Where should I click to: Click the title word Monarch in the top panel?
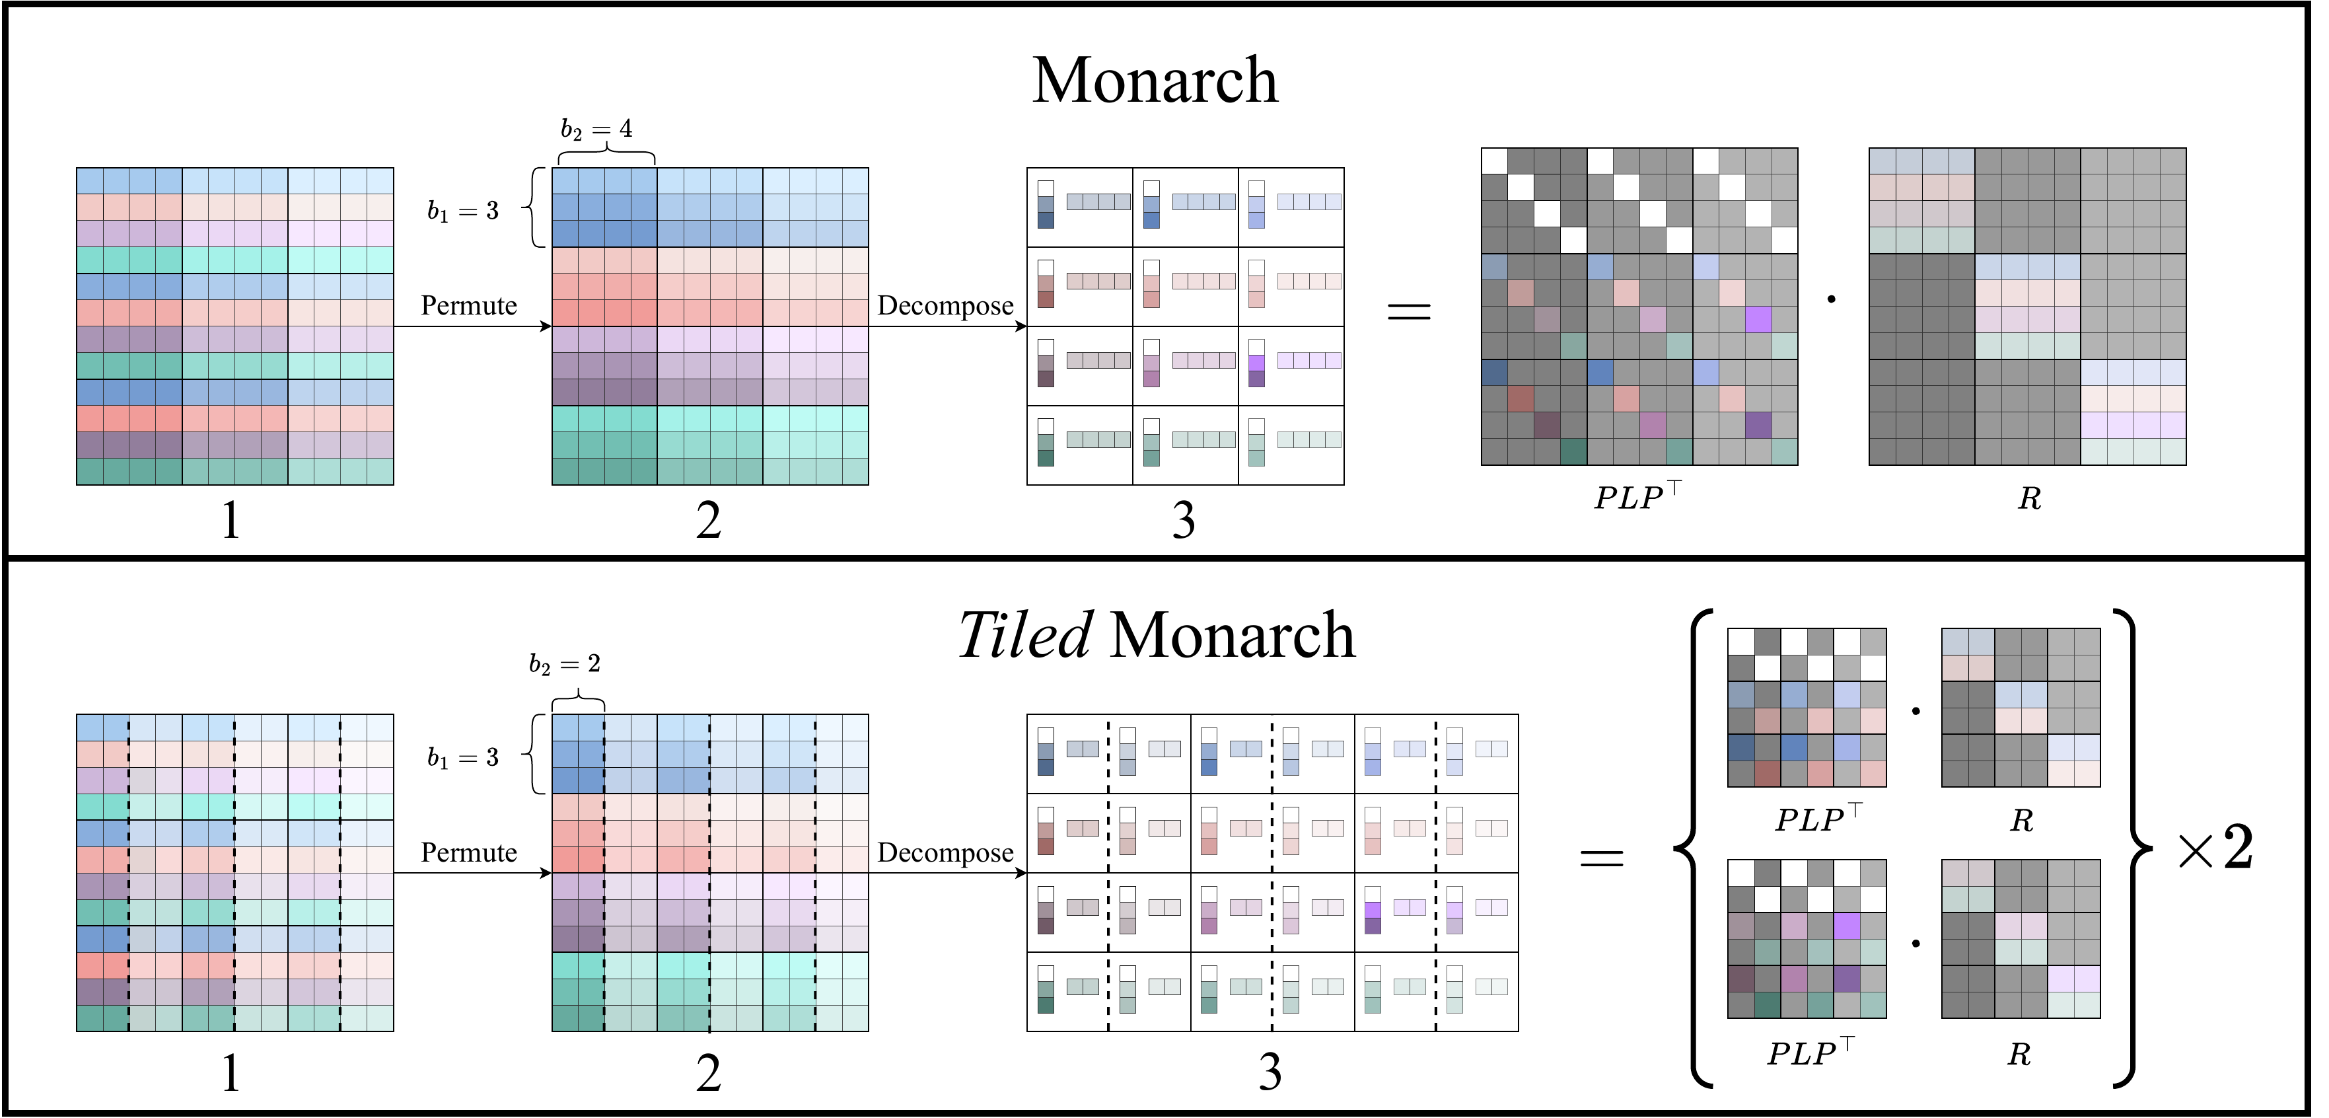coord(1155,81)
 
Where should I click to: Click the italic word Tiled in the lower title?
coord(1025,635)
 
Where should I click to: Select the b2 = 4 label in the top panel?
coord(596,130)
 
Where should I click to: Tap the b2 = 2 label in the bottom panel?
coord(564,665)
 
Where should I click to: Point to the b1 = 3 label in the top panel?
coord(463,211)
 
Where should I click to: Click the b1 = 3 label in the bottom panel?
coord(463,757)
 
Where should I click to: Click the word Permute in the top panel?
coord(468,306)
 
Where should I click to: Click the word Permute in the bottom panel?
coord(468,853)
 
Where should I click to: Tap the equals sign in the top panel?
coord(1409,312)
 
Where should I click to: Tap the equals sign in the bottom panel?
coord(1601,858)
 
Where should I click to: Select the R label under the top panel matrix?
coord(2029,498)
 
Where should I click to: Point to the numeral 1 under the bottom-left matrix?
coord(231,1074)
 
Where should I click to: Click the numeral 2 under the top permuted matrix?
coord(709,521)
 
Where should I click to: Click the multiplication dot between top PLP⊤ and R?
coord(1832,299)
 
